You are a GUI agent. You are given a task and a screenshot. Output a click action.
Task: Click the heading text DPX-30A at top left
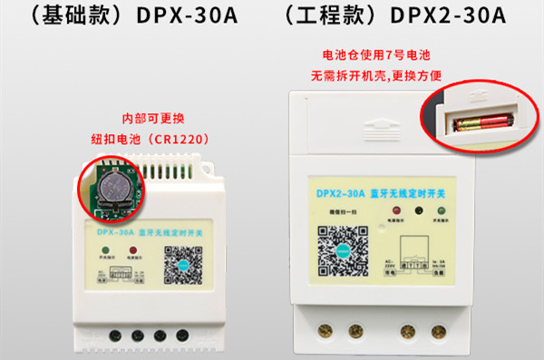click(x=187, y=18)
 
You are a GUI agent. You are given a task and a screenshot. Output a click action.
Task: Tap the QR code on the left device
click(x=179, y=266)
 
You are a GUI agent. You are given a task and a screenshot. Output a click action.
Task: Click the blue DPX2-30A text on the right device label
click(x=341, y=192)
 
